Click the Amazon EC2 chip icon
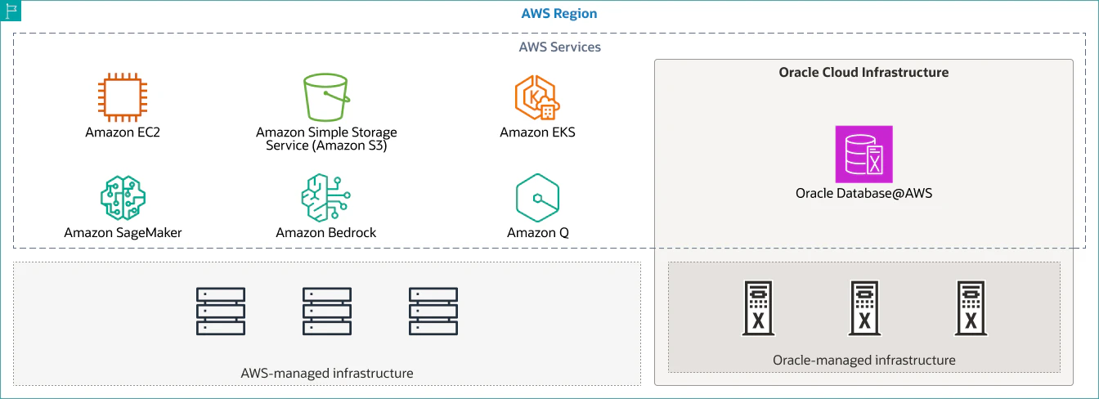[x=123, y=97]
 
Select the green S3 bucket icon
[x=326, y=97]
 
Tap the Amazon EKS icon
[x=537, y=97]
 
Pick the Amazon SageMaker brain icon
[x=123, y=197]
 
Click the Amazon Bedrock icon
[x=325, y=197]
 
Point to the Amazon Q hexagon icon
[x=538, y=197]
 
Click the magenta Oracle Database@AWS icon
[x=864, y=154]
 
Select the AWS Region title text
[x=558, y=13]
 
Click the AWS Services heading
[x=560, y=47]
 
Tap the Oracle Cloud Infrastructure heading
[x=863, y=72]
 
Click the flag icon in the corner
[x=11, y=11]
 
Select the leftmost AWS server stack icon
[x=221, y=312]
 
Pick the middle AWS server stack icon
[x=327, y=312]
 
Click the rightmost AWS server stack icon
[x=433, y=312]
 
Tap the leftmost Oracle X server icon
[x=758, y=308]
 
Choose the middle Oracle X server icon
[x=864, y=308]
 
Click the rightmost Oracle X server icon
[x=971, y=308]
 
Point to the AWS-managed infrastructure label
[x=327, y=374]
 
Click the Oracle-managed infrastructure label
[x=864, y=361]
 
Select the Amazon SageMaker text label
[x=123, y=233]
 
